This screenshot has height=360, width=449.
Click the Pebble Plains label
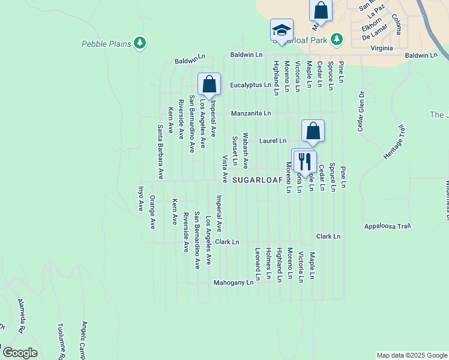107,44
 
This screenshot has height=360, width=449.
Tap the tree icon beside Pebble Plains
140,43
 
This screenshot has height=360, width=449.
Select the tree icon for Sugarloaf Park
337,39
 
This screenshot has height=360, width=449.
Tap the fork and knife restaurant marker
304,161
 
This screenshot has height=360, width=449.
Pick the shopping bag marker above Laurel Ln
313,131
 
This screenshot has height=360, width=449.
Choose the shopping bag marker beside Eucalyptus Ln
209,84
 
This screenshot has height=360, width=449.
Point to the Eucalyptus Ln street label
250,86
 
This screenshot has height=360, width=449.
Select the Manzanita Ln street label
251,113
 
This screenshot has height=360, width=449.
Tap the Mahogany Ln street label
234,282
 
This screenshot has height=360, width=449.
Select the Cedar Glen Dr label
361,113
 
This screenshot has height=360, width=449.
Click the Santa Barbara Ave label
160,152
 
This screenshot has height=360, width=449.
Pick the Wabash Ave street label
245,150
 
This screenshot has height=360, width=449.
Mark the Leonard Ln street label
257,264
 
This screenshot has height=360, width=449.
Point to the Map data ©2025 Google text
411,355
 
